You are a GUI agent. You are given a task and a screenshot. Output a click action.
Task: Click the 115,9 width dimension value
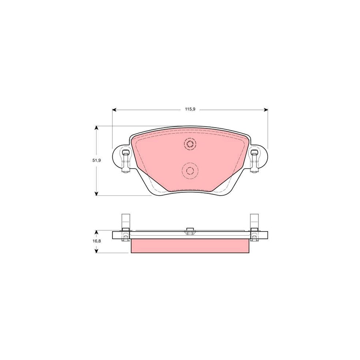tap(190, 109)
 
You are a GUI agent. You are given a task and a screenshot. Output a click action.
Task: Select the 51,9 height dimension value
tap(96, 160)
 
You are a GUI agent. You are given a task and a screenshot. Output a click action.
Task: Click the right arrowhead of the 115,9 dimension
tap(266, 109)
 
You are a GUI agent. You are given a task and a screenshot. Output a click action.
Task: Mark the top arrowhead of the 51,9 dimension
tap(96, 128)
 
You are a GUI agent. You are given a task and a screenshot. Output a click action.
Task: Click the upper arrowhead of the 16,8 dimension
tap(96, 232)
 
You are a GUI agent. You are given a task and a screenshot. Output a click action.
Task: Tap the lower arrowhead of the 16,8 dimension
tap(96, 251)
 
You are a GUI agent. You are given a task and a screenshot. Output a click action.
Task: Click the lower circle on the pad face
tap(190, 171)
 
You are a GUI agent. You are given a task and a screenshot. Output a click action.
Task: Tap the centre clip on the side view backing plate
tap(190, 231)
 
